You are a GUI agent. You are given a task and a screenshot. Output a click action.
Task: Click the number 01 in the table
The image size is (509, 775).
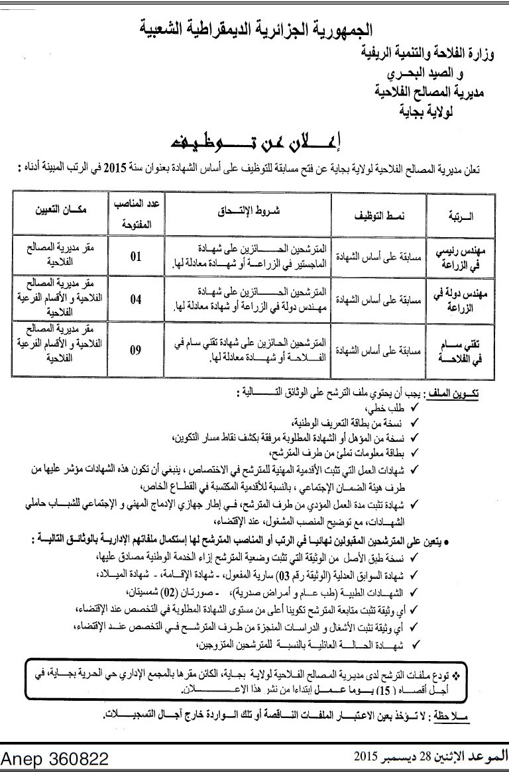tap(135, 257)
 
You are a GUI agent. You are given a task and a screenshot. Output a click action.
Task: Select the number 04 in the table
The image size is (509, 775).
tap(135, 299)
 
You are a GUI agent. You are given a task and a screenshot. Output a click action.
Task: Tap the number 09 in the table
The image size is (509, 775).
tap(135, 349)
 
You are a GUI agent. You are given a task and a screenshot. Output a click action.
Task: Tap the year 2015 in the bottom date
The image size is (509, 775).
tap(365, 756)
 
